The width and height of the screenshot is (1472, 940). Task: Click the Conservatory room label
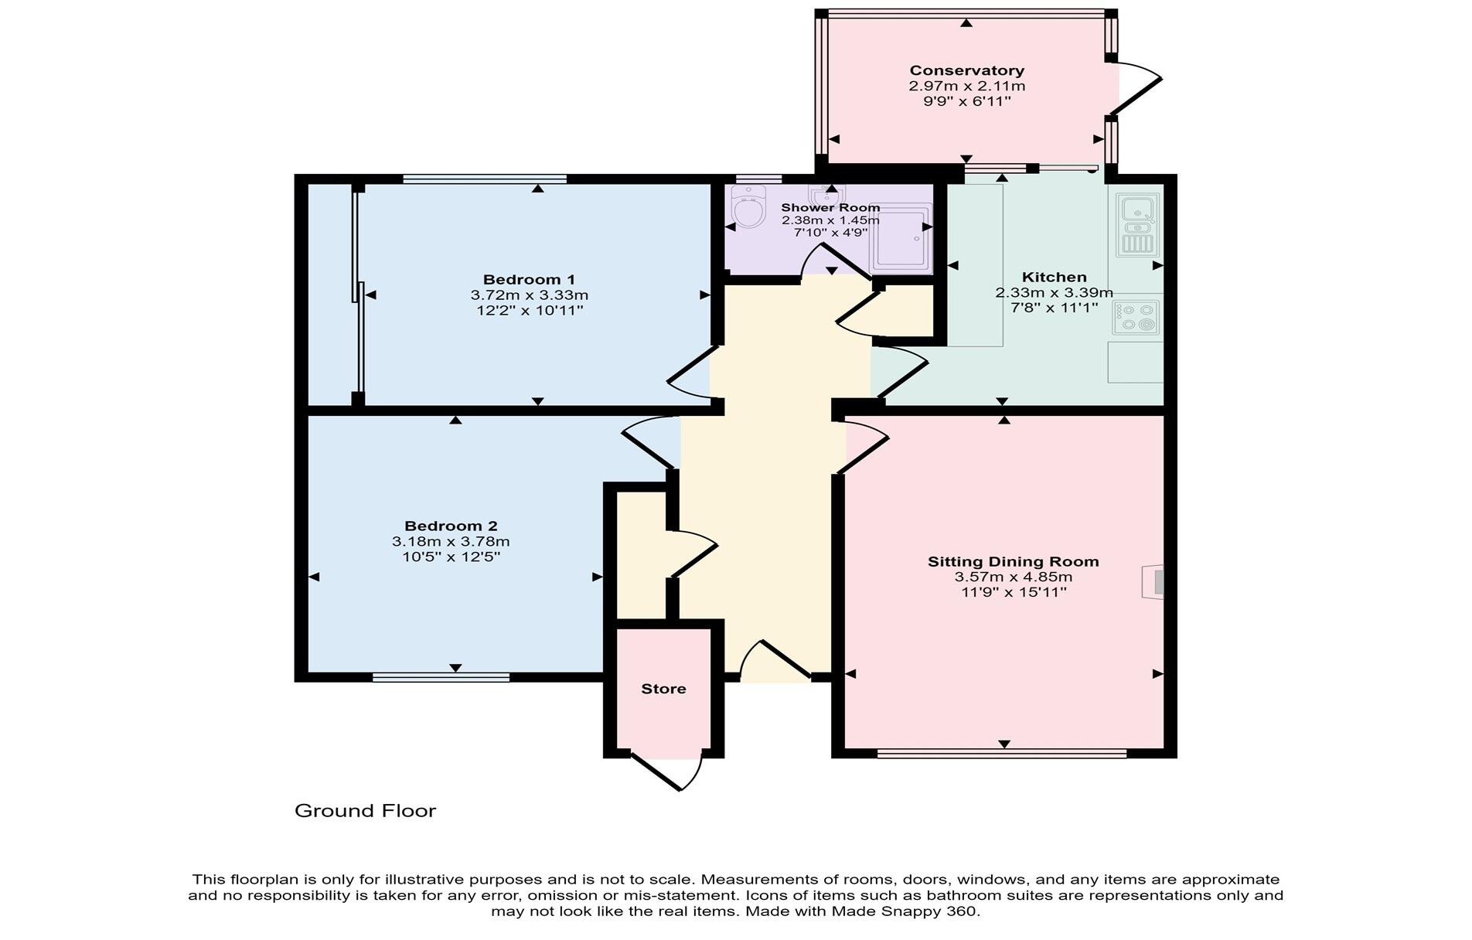point(966,70)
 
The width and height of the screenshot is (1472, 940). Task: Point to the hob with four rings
point(1136,317)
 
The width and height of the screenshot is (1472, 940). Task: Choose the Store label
point(663,689)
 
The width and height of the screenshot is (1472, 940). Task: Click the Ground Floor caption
point(365,810)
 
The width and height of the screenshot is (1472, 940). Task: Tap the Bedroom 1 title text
point(529,279)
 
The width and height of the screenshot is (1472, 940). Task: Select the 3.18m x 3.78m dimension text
point(451,541)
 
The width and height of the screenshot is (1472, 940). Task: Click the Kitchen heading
point(1054,277)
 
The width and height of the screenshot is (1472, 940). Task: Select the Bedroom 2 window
point(441,678)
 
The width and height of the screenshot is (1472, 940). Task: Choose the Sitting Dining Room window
point(1002,753)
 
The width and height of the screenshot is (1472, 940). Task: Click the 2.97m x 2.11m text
point(966,86)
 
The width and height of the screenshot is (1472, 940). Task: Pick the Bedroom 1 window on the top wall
point(484,179)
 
